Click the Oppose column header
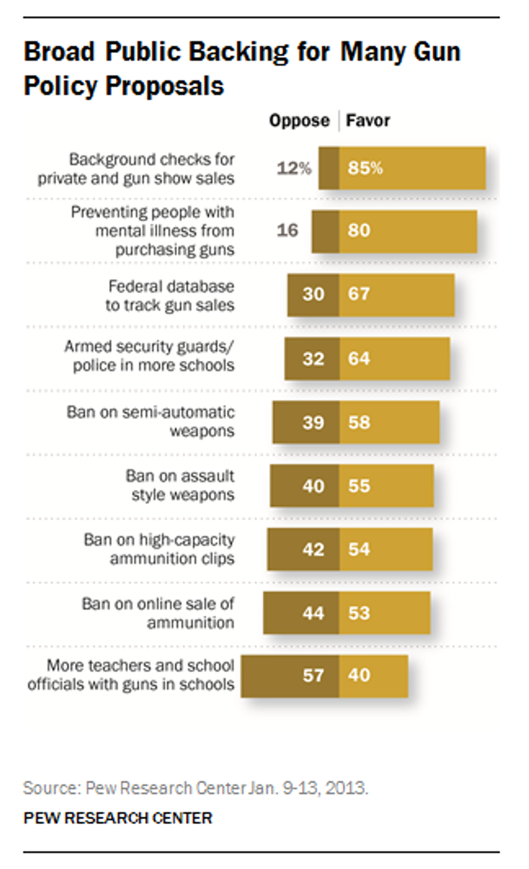299,120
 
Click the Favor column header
368,120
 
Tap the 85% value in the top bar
365,168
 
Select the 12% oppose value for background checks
294,168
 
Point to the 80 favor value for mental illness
359,231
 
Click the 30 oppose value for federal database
313,294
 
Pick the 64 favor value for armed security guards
359,359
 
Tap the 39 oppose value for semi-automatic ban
313,422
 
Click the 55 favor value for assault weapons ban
359,486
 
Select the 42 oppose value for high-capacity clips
313,549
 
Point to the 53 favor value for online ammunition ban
359,613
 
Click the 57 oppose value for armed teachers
313,675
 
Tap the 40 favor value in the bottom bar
359,675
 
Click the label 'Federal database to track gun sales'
170,295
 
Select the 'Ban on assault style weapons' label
181,485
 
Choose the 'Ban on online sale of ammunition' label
158,612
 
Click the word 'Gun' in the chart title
437,52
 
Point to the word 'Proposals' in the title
164,86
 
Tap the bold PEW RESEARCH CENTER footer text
118,818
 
